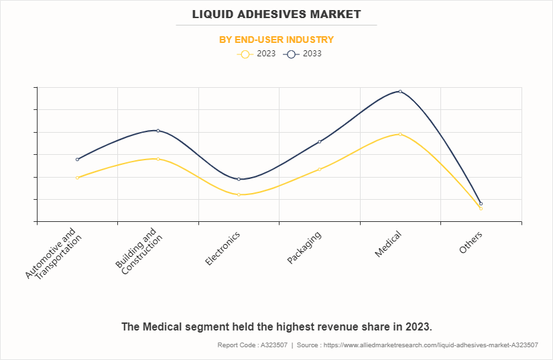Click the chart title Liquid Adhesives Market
(x=276, y=14)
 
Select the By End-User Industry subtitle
(x=276, y=40)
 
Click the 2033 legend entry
(x=302, y=54)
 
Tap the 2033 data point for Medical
(x=400, y=91)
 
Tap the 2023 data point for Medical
(x=400, y=134)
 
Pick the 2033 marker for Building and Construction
(x=158, y=131)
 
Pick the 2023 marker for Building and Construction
(x=158, y=159)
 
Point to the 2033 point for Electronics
(x=239, y=179)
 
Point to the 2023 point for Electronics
(x=239, y=194)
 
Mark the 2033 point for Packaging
(x=320, y=141)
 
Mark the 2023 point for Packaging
(x=320, y=169)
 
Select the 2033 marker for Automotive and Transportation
(x=78, y=160)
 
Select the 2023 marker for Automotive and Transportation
(x=78, y=178)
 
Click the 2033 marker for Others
(x=481, y=203)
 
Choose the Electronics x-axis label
(x=223, y=248)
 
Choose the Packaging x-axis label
(x=305, y=247)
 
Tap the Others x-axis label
(x=471, y=241)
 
